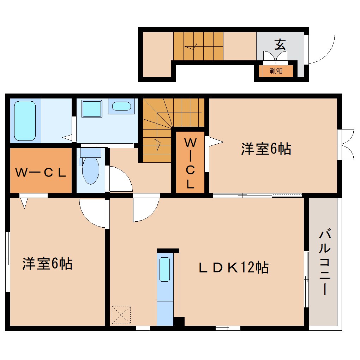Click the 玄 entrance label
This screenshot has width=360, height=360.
[280, 44]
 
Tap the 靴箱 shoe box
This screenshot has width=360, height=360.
[276, 71]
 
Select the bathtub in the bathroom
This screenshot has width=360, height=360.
[25, 121]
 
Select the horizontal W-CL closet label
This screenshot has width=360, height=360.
[40, 173]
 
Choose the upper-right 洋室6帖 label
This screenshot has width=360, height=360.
[266, 149]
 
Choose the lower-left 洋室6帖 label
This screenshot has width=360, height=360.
[47, 264]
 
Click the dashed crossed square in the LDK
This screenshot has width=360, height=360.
[121, 315]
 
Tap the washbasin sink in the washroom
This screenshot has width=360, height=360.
[121, 106]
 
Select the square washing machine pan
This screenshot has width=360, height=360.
[92, 108]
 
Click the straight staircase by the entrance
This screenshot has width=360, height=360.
[198, 46]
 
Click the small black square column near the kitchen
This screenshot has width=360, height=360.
[179, 322]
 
